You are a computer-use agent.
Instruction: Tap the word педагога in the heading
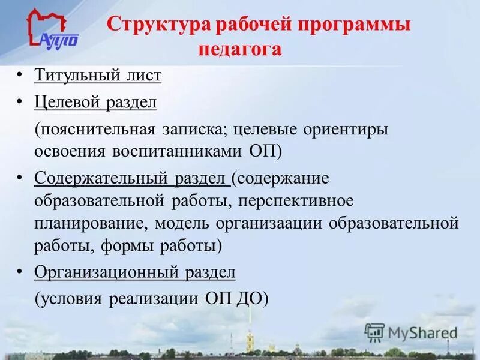coord(239,49)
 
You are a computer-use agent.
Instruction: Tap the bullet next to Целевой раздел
coord(20,102)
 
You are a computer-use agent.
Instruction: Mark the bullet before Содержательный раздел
coord(20,178)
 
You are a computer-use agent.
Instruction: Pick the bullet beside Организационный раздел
coord(20,272)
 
